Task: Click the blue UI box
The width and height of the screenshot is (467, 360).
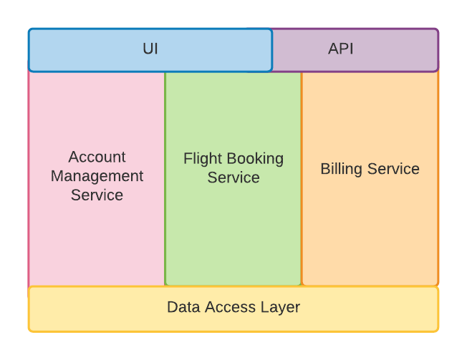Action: (x=86, y=50)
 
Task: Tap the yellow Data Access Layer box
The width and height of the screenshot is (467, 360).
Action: (x=86, y=308)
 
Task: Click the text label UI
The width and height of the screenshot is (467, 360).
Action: (x=150, y=49)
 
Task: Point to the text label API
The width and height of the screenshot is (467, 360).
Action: (x=341, y=49)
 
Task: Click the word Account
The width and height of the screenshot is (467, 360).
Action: (x=97, y=157)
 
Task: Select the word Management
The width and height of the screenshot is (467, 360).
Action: (x=97, y=176)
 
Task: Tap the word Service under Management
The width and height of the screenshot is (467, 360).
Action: (x=97, y=195)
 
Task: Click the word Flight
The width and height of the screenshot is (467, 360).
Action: (x=203, y=159)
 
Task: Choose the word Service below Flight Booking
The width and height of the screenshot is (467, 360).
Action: (x=233, y=177)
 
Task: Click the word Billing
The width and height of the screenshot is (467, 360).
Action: (x=341, y=170)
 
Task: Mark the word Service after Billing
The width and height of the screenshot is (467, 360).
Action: (x=393, y=170)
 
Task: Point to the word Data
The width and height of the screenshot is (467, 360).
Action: (x=183, y=308)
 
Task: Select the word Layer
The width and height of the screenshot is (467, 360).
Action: (x=281, y=308)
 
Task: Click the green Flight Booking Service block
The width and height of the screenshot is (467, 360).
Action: (x=233, y=236)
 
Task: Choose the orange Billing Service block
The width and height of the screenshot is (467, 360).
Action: (x=370, y=229)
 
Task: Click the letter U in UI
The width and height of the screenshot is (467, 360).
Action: (x=147, y=49)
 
